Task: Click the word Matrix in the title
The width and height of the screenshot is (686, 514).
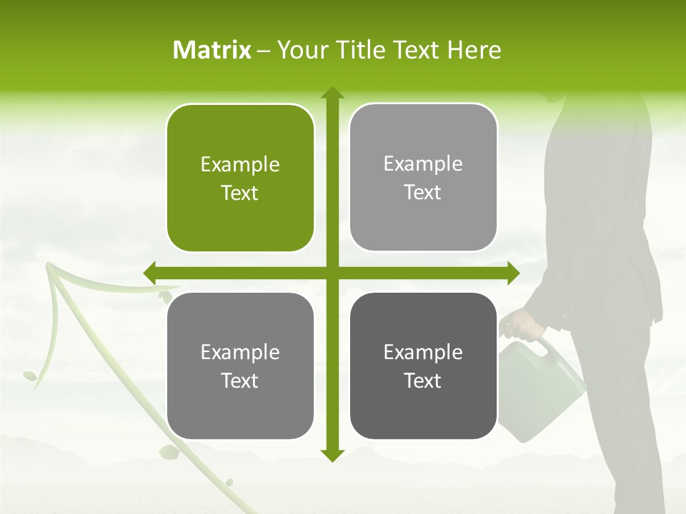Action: pyautogui.click(x=212, y=50)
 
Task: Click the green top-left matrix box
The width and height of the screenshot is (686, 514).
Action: pyautogui.click(x=240, y=178)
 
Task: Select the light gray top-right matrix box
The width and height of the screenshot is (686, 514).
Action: pyautogui.click(x=423, y=178)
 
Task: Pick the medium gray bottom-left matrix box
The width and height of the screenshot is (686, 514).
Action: pyautogui.click(x=240, y=366)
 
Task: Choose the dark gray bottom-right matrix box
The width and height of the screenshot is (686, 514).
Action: pyautogui.click(x=423, y=366)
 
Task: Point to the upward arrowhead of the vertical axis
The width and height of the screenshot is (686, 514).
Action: pyautogui.click(x=332, y=93)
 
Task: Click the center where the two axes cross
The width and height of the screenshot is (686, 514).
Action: pyautogui.click(x=332, y=273)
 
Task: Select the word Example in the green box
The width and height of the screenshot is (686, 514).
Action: pyautogui.click(x=240, y=165)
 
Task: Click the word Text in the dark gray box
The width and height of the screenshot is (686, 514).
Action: pyautogui.click(x=423, y=381)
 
